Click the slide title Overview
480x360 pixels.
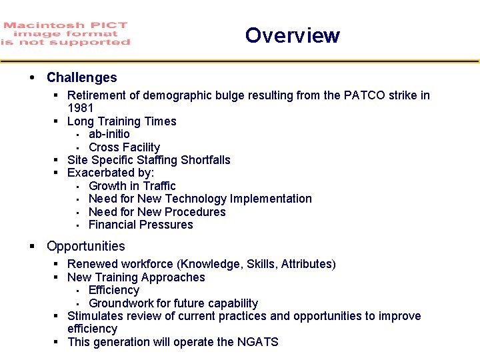click(292, 35)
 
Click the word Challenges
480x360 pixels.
click(81, 78)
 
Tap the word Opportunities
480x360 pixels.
click(85, 246)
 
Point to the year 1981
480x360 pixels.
click(81, 108)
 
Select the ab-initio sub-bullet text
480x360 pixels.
click(109, 134)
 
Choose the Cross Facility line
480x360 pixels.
click(124, 147)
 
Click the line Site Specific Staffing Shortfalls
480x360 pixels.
click(149, 160)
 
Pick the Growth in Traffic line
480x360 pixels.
click(132, 186)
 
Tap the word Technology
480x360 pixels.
click(194, 199)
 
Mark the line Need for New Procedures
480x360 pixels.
click(157, 212)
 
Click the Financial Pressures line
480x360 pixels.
click(141, 225)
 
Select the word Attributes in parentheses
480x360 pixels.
click(306, 264)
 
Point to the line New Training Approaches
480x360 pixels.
click(136, 277)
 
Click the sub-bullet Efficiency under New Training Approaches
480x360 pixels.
click(114, 290)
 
